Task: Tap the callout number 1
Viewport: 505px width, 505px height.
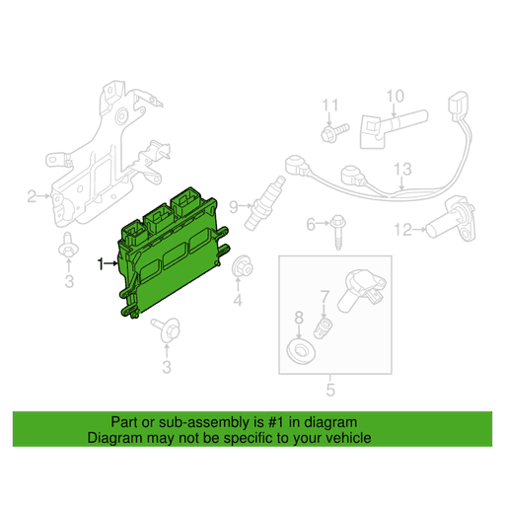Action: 100,263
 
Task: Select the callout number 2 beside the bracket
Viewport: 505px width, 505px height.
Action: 32,196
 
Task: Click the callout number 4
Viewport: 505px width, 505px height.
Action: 238,300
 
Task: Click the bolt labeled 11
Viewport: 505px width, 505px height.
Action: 332,128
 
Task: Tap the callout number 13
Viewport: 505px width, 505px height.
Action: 401,170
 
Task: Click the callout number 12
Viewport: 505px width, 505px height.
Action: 401,230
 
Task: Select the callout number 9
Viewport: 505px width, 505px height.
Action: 234,206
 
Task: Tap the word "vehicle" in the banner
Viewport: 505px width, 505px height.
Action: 346,437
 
